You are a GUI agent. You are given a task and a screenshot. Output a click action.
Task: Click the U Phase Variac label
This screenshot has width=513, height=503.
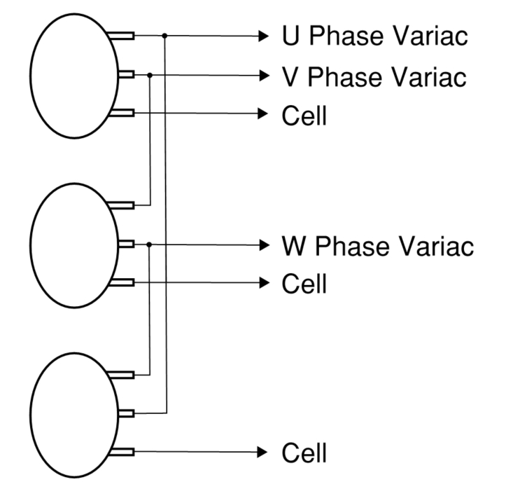(374, 36)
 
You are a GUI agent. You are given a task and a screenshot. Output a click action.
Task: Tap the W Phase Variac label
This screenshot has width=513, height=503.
(378, 246)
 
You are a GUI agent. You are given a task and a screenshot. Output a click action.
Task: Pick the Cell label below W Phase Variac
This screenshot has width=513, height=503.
(304, 284)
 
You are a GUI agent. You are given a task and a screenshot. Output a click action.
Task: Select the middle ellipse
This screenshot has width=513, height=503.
(73, 244)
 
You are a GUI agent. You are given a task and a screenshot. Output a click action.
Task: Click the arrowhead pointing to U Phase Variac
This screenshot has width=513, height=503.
(264, 36)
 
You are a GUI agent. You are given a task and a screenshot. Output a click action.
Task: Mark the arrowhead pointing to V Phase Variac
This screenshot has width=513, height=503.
(264, 74)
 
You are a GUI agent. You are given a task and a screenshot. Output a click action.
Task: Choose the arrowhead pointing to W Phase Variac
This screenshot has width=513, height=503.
(264, 244)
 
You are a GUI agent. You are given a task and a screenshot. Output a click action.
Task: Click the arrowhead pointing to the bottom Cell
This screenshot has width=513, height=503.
(264, 452)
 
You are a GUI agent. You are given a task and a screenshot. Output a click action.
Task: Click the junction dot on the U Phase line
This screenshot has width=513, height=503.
(164, 36)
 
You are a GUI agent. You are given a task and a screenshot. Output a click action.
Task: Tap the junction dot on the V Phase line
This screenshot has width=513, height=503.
(150, 74)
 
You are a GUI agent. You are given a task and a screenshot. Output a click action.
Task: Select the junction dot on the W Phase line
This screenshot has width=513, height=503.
(150, 244)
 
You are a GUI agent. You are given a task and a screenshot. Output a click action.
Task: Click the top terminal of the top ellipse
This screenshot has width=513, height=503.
(124, 36)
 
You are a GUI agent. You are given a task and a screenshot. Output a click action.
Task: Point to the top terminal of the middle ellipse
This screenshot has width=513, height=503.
(124, 205)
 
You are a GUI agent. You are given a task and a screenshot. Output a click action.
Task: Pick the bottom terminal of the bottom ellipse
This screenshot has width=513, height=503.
(124, 452)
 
